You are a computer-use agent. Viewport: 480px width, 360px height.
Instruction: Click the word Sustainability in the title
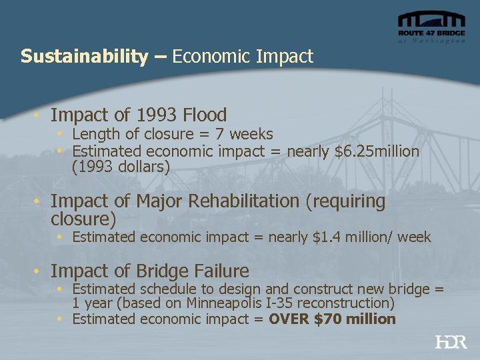84,57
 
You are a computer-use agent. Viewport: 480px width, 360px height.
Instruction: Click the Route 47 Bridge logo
431,27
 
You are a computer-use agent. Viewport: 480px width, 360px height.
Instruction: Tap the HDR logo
451,342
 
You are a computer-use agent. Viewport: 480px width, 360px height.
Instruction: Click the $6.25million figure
377,152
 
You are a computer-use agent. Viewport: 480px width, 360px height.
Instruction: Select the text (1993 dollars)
121,167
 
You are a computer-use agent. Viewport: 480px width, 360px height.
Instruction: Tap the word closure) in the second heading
83,219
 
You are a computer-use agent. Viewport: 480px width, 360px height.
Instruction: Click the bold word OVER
288,319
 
